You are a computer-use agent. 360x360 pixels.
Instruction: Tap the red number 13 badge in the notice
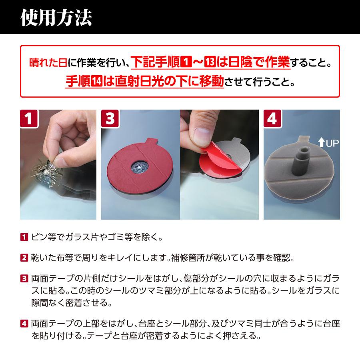coord(210,63)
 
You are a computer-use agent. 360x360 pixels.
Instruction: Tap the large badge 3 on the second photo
coord(110,119)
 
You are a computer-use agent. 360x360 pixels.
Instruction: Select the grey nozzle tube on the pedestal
coord(300,160)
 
